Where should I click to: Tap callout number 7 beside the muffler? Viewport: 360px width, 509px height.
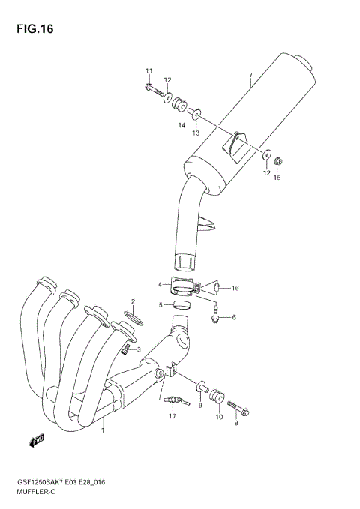tap(250, 76)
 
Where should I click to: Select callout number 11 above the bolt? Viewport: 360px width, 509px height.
tap(148, 71)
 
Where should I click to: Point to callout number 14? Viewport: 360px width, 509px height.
tap(181, 125)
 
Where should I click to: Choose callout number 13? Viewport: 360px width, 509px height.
tap(195, 133)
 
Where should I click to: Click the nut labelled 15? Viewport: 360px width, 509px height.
tap(277, 159)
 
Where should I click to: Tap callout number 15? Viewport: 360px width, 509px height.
tap(277, 178)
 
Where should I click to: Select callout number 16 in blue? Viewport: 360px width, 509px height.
tap(235, 288)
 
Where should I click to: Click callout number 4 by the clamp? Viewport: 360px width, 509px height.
tap(160, 284)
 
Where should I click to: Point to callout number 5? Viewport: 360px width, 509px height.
tap(160, 305)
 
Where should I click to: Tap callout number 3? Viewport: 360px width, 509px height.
tap(138, 349)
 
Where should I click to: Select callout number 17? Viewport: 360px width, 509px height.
tap(172, 416)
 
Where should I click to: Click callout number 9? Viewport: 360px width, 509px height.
tap(200, 405)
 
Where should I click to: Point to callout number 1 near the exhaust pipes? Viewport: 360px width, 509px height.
tap(103, 430)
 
